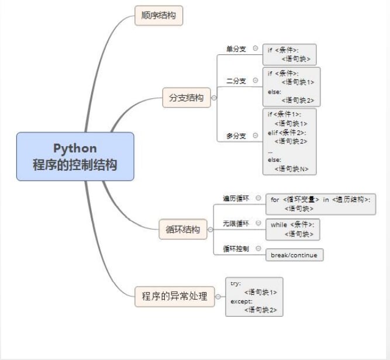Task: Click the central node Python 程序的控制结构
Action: [x=75, y=156]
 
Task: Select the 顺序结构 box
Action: [x=158, y=15]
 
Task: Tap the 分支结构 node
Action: [x=186, y=98]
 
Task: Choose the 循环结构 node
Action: [x=182, y=229]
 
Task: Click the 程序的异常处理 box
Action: [x=174, y=296]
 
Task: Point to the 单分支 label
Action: [x=236, y=49]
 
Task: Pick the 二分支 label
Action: [x=236, y=80]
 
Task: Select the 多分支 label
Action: [x=236, y=136]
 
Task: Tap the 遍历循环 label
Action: [x=236, y=198]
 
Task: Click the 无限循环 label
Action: [x=236, y=223]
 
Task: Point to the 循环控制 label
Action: [x=236, y=248]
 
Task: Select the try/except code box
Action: [x=254, y=296]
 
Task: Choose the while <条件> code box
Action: [x=292, y=229]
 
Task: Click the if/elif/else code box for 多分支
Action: [x=289, y=141]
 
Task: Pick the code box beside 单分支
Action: [x=289, y=54]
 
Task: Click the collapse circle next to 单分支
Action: [x=256, y=49]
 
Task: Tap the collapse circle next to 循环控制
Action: [x=258, y=248]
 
